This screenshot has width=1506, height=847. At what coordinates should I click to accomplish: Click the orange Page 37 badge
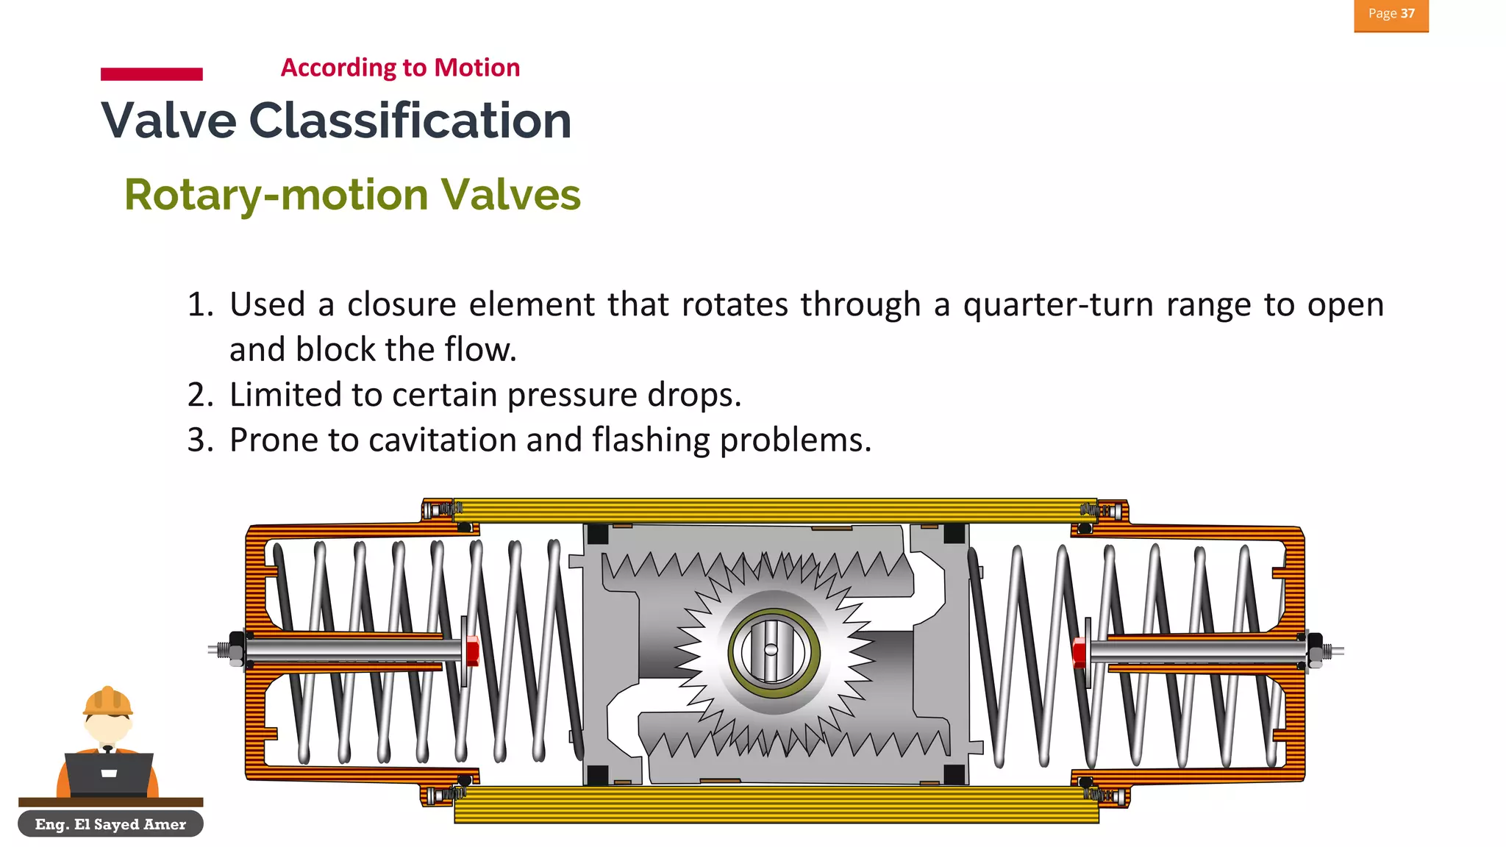click(x=1391, y=15)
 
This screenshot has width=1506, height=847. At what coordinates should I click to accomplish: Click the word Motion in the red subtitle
click(x=477, y=68)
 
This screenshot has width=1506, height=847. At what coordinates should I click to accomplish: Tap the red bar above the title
click(x=151, y=74)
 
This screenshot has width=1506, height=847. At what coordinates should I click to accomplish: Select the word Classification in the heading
click(x=410, y=121)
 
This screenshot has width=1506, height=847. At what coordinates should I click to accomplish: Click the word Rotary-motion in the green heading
click(x=276, y=195)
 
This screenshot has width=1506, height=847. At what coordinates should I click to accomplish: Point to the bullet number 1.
click(x=199, y=304)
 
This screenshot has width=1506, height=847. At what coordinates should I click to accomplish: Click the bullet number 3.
click(x=199, y=440)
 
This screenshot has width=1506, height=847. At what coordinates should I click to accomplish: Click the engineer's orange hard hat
click(x=107, y=701)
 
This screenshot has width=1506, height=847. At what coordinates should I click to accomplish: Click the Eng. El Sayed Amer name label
click(x=110, y=824)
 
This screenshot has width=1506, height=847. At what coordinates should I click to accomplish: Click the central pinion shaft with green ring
click(x=773, y=651)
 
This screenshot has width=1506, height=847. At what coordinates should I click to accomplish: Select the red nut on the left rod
click(x=472, y=651)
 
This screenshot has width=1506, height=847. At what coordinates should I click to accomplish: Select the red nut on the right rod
click(x=1079, y=651)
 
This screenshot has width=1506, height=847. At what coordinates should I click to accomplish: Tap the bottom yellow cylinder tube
click(x=776, y=804)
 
